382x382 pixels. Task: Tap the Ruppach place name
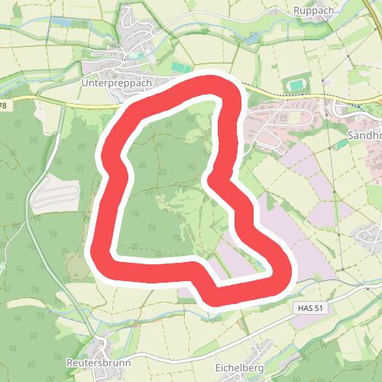(313, 11)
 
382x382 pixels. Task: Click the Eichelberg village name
(239, 367)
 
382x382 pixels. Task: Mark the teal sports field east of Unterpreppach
(181, 69)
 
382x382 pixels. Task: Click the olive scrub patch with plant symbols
(77, 267)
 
